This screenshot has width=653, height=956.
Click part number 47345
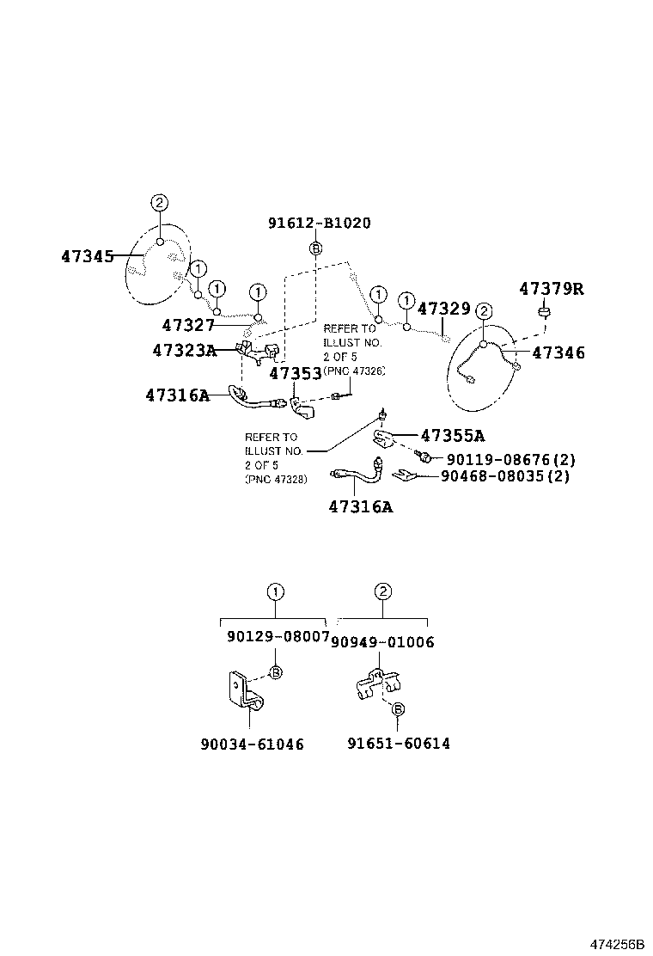87,256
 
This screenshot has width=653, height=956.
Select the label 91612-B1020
319,223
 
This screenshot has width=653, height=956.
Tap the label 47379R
551,288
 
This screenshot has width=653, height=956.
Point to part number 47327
188,325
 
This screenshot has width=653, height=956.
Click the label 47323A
184,350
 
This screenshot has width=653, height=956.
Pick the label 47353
296,373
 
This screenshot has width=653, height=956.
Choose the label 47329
443,309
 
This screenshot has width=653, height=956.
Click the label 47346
558,352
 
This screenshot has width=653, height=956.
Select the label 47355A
452,435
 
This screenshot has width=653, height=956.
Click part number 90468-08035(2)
505,476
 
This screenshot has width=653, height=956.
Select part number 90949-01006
382,642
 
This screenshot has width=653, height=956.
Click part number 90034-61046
252,744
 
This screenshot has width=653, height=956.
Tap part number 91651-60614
399,744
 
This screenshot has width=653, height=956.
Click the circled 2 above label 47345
159,203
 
